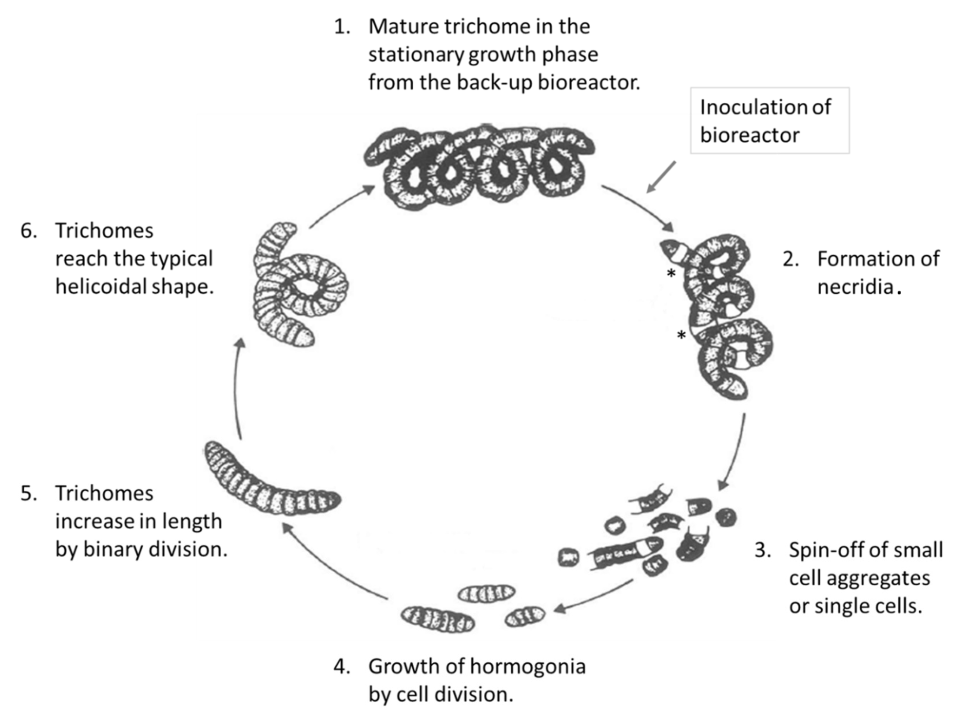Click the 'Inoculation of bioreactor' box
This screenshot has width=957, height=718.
(x=769, y=121)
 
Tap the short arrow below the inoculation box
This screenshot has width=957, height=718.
(x=661, y=177)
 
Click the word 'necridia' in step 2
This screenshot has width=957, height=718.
(x=855, y=287)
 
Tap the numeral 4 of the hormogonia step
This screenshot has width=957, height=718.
(x=341, y=666)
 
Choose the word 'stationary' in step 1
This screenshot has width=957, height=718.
(x=415, y=55)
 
